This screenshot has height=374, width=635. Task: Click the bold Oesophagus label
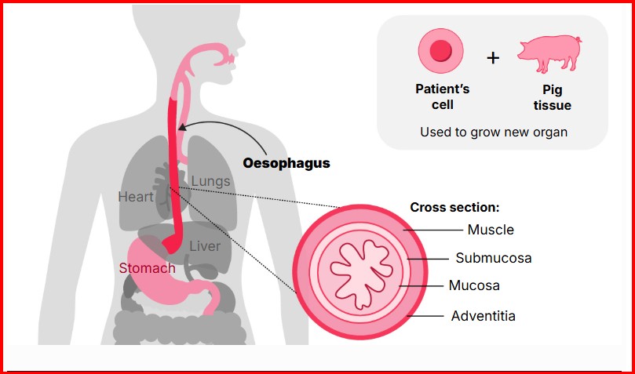286,164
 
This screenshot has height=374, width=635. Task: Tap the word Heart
136,197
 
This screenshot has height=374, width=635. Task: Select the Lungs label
211,181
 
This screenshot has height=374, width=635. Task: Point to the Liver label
205,246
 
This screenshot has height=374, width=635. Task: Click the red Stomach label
147,268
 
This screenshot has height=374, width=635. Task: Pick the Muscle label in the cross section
491,230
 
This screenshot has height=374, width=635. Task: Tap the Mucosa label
474,285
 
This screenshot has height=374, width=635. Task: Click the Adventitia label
484,316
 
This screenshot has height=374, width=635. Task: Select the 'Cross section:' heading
455,208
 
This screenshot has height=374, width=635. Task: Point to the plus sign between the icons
493,58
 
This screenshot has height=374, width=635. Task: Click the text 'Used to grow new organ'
493,132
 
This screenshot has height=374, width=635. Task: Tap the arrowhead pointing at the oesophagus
181,128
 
